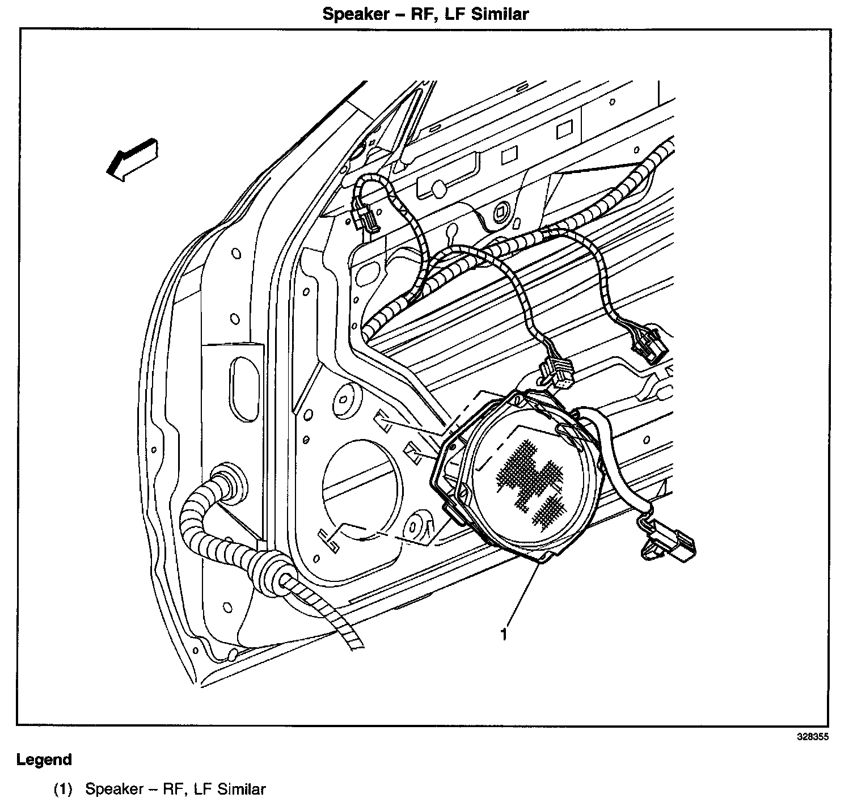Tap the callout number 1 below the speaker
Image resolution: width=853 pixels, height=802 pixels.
pos(504,634)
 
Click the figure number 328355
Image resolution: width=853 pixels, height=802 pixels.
pos(813,737)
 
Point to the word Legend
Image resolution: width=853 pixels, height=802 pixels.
pos(44,759)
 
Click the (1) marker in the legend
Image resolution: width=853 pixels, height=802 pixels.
pos(64,788)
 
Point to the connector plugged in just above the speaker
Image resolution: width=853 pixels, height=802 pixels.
pos(559,373)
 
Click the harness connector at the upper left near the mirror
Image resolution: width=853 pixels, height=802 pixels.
pos(363,216)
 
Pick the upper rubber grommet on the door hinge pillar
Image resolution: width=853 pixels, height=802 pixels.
pos(230,482)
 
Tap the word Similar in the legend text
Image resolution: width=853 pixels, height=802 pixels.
pos(242,788)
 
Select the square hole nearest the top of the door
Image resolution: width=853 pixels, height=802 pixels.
pos(564,130)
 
